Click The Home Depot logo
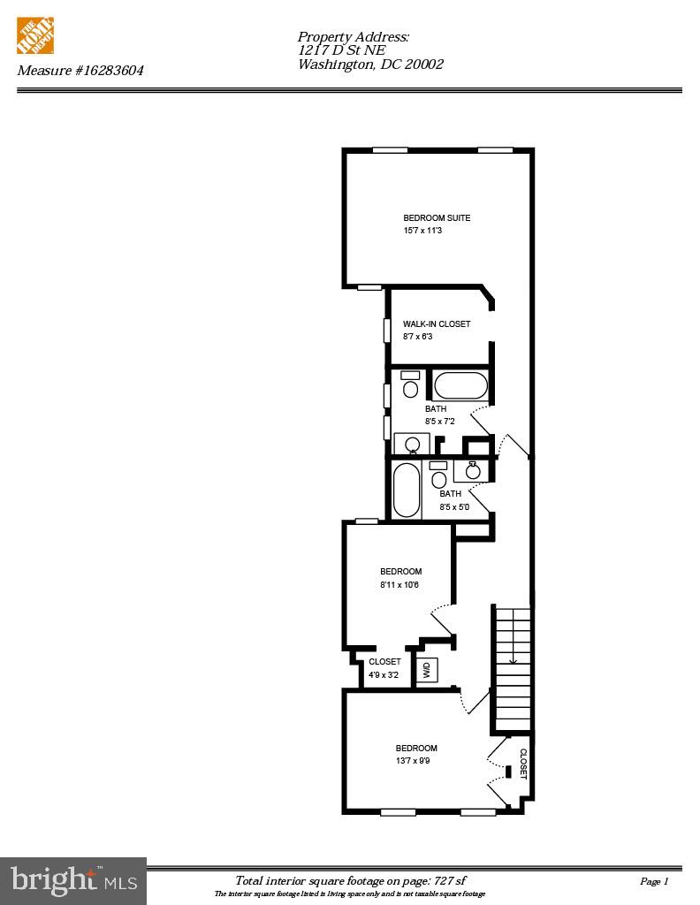tap(35, 36)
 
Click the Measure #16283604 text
tap(80, 70)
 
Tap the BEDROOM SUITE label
tap(437, 218)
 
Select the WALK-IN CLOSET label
tap(437, 324)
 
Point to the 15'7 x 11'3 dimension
tap(422, 232)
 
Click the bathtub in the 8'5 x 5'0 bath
tap(407, 490)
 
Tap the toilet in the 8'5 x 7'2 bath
tap(411, 386)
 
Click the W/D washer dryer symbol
tap(426, 669)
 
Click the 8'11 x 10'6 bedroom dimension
tap(399, 585)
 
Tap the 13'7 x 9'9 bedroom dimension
tap(413, 761)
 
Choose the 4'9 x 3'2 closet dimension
tap(384, 675)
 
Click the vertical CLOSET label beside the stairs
tap(522, 764)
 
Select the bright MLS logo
tap(73, 880)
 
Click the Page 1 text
tap(654, 881)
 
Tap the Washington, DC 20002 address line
tap(370, 65)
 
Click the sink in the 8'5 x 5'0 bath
tap(473, 470)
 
